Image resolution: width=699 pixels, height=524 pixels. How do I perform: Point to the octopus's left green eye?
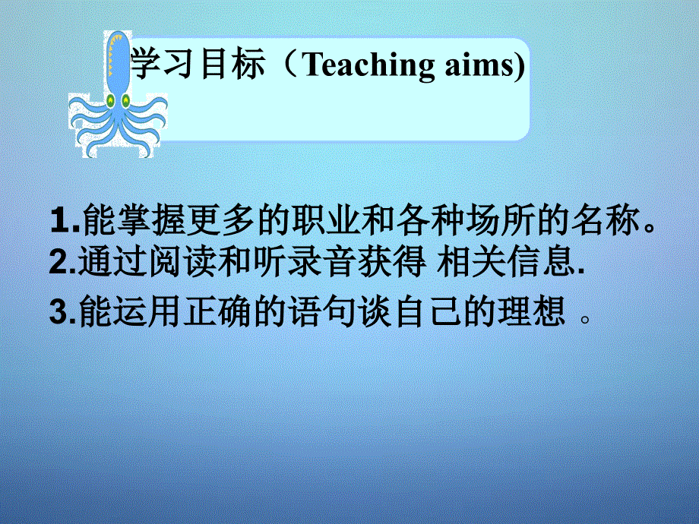point(109,99)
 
